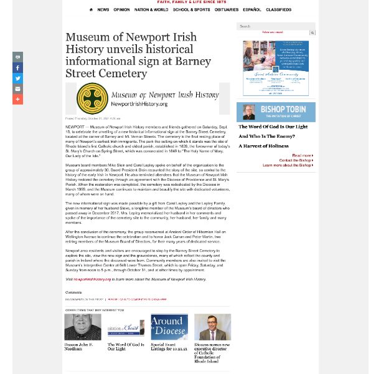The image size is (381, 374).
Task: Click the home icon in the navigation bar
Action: pyautogui.click(x=92, y=10)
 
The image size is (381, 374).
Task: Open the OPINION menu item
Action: pyautogui.click(x=121, y=10)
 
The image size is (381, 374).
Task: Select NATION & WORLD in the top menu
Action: pyautogui.click(x=151, y=10)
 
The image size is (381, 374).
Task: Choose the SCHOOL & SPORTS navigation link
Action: pyautogui.click(x=191, y=10)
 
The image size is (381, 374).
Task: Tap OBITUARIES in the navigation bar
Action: pyautogui.click(x=227, y=10)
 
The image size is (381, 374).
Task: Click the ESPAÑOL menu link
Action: pyautogui.click(x=252, y=10)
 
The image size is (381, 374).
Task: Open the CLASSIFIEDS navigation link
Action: pyautogui.click(x=278, y=10)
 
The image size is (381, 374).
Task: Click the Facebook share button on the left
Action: pyautogui.click(x=17, y=68)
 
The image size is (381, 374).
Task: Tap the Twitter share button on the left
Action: pyautogui.click(x=17, y=79)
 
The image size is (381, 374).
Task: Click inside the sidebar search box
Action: pyautogui.click(x=273, y=26)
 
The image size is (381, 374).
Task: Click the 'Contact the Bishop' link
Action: pyautogui.click(x=296, y=160)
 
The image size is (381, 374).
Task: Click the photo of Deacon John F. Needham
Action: pyautogui.click(x=83, y=327)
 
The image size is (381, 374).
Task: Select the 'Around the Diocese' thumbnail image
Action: pyautogui.click(x=169, y=327)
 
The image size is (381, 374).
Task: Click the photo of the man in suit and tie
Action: pyautogui.click(x=212, y=327)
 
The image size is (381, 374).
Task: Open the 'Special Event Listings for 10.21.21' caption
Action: pyautogui.click(x=169, y=347)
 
